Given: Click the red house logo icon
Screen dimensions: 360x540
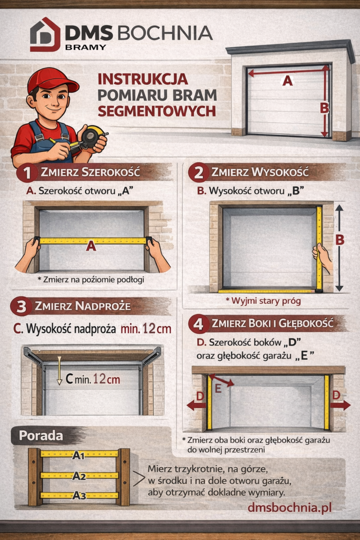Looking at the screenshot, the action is pos(45,34).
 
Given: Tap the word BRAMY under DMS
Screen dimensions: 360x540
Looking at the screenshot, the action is pos(85,47).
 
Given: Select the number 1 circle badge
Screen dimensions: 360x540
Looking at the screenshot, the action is pos(26,173).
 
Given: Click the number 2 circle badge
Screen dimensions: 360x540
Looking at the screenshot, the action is pos(199,172).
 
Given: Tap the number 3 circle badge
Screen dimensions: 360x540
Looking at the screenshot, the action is pos(21,306).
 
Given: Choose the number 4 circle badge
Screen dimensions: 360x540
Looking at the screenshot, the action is pos(199,324).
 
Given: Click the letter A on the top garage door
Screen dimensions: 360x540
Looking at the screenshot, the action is pos(287,81).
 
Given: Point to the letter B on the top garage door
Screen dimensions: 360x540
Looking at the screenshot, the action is pos(324,108).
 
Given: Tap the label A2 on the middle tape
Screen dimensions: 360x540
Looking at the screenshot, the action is pos(79,476).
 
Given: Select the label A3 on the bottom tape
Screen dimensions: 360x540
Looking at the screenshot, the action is pos(79,496).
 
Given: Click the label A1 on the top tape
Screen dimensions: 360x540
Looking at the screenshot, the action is pos(79,455).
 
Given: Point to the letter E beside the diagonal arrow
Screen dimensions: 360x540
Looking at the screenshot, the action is pos(218,389).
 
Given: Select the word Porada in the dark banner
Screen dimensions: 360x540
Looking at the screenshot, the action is pos(41,436).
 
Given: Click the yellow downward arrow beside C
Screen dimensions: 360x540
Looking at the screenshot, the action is pos(59,371).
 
